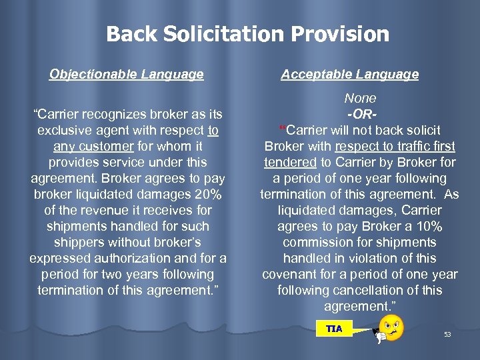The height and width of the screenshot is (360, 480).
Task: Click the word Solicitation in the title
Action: click(221, 34)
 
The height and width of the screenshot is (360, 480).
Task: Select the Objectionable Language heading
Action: click(127, 75)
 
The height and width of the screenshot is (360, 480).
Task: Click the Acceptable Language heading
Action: click(350, 75)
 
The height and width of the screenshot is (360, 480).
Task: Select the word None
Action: click(361, 98)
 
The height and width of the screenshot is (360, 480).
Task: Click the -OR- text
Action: click(361, 114)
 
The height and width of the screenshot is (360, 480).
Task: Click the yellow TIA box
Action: click(335, 329)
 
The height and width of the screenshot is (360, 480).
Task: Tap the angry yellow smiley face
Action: click(392, 327)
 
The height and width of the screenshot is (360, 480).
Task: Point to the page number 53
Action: click(447, 334)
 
